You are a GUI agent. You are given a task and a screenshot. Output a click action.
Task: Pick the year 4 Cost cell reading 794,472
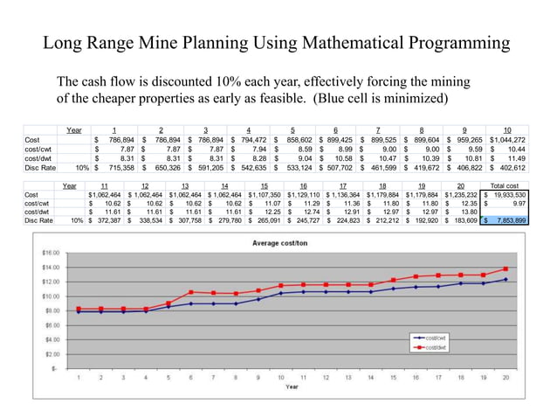248,140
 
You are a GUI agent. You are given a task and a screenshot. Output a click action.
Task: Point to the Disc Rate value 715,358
114,167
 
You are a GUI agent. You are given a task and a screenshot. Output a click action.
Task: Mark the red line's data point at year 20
505,268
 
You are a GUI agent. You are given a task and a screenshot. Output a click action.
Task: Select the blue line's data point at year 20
505,280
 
